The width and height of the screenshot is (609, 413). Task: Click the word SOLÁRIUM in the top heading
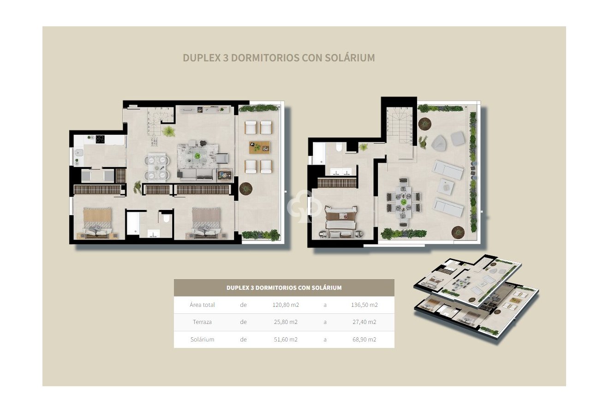[x=348, y=58]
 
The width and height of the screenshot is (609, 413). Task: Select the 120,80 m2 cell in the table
[x=284, y=305]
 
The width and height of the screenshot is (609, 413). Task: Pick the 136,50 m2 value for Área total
[x=362, y=305]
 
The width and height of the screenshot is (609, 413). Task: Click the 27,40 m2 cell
[x=362, y=322]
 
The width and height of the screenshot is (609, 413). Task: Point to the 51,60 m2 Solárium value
[x=284, y=339]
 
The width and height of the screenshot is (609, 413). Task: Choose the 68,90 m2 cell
[x=362, y=339]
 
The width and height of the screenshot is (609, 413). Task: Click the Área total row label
[x=202, y=305]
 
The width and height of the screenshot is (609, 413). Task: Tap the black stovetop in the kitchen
[x=99, y=138]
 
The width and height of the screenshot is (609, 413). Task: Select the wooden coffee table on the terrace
[x=259, y=147]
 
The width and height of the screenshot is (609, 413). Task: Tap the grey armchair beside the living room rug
[x=222, y=158]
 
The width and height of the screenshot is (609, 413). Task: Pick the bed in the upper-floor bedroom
[x=340, y=218]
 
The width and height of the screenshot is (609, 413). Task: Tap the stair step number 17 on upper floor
[x=411, y=144]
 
